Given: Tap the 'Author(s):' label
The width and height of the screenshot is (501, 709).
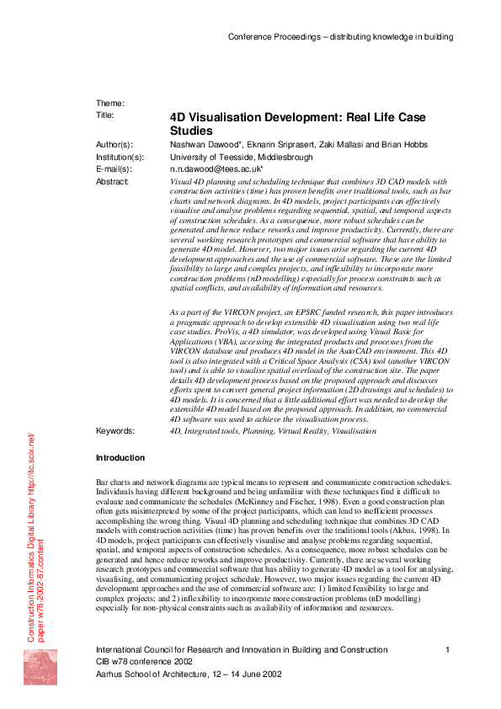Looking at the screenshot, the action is tap(115, 145).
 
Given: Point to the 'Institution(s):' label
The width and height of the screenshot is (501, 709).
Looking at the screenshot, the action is tap(120, 157).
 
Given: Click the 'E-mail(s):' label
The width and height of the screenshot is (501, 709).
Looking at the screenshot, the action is tap(114, 169).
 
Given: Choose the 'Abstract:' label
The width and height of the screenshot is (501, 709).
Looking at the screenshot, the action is tap(113, 181).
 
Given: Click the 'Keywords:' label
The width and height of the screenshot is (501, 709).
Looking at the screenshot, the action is tap(115, 430).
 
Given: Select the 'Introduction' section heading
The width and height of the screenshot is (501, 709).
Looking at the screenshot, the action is tap(120, 458).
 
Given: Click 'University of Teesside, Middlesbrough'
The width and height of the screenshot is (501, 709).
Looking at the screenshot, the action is tap(242, 157).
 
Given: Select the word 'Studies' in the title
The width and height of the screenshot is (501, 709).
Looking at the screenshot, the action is tap(191, 131).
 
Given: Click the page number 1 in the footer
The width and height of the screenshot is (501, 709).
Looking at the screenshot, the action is tap(448, 650).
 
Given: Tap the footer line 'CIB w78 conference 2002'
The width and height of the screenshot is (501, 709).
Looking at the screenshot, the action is tap(144, 662).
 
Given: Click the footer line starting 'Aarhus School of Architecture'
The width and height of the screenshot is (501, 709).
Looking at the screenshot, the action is tap(189, 674).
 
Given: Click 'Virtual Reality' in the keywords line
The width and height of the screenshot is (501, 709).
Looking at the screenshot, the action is tap(308, 430).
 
